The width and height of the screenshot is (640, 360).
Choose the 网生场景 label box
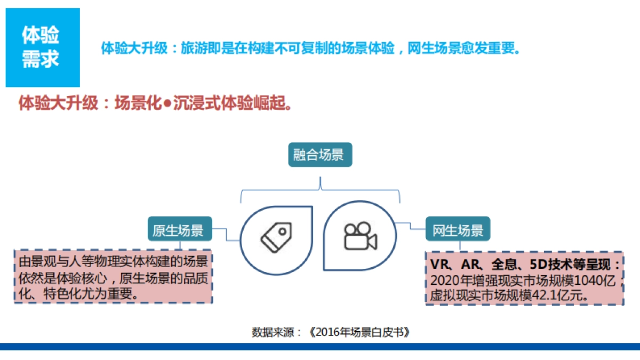click(x=458, y=230)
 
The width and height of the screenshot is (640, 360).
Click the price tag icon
click(x=276, y=238)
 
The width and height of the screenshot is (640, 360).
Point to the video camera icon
click(x=360, y=236)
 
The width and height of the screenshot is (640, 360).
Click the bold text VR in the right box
click(x=439, y=265)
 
